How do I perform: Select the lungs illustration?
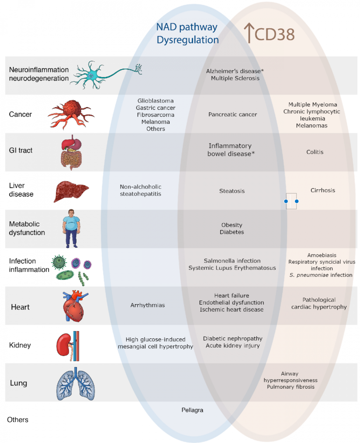pyautogui.click(x=76, y=384)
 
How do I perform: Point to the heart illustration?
pyautogui.click(x=74, y=306)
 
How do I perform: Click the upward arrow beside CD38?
pyautogui.click(x=249, y=33)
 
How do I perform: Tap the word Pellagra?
pyautogui.click(x=192, y=410)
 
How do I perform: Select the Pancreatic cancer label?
pyautogui.click(x=232, y=114)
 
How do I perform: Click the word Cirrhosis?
pyautogui.click(x=322, y=190)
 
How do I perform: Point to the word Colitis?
pyautogui.click(x=315, y=152)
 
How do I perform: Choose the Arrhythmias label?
pyautogui.click(x=147, y=305)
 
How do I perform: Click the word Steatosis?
pyautogui.click(x=232, y=191)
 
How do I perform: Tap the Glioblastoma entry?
pyautogui.click(x=155, y=101)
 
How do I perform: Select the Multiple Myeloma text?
pyautogui.click(x=312, y=105)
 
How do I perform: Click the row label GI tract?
pyautogui.click(x=20, y=150)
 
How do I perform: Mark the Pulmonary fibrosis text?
pyautogui.click(x=290, y=387)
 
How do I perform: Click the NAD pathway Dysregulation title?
pyautogui.click(x=187, y=33)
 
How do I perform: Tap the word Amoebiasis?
pyautogui.click(x=322, y=255)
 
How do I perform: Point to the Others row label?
pyautogui.click(x=18, y=420)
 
